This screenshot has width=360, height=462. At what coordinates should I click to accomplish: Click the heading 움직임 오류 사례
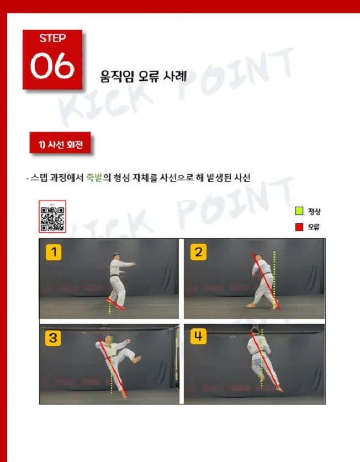[143, 76]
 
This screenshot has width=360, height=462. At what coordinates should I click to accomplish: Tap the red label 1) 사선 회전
[60, 145]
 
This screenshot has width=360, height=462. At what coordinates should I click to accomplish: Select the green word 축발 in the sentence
[94, 178]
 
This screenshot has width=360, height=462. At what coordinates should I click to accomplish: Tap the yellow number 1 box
[54, 253]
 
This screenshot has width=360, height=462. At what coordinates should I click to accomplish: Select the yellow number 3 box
[53, 338]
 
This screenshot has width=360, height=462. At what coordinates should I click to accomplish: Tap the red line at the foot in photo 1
[117, 305]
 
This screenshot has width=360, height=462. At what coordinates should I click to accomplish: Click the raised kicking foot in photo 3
[136, 359]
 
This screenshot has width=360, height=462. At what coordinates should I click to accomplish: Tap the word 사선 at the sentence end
[242, 178]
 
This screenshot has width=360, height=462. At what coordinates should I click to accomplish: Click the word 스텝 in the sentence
[39, 178]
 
